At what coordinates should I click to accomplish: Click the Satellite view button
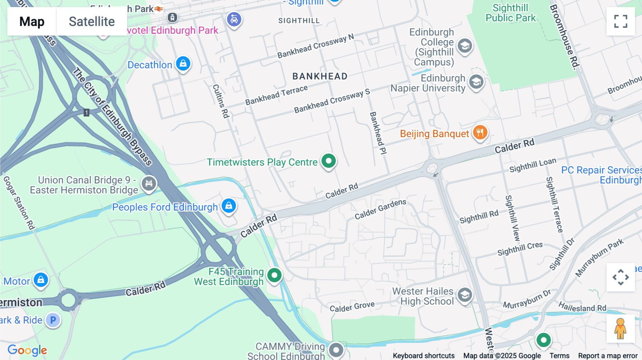click(x=92, y=21)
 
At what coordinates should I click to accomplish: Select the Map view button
click(x=32, y=21)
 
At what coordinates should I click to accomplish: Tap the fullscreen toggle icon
click(x=621, y=21)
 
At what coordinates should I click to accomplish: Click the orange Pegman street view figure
click(x=620, y=329)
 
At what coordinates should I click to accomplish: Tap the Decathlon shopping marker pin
click(x=183, y=64)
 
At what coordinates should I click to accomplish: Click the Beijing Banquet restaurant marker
click(x=480, y=133)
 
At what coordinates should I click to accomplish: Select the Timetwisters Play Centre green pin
click(x=328, y=161)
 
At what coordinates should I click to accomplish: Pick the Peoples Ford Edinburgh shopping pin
click(x=229, y=206)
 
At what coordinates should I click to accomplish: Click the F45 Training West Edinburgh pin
click(x=274, y=275)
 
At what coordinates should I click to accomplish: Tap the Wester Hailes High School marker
click(x=465, y=295)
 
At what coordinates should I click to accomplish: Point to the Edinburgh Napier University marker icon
click(x=476, y=82)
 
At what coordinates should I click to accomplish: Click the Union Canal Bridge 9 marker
click(x=149, y=184)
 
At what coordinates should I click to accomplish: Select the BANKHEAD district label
click(x=320, y=76)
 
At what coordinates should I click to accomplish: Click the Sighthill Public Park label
click(x=510, y=13)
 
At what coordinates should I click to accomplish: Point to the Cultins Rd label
click(x=221, y=101)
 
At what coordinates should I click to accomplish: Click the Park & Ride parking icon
click(x=53, y=320)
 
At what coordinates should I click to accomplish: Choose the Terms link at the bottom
click(x=559, y=356)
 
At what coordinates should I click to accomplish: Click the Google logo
click(x=27, y=350)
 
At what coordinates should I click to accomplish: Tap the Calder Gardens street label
click(x=380, y=209)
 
